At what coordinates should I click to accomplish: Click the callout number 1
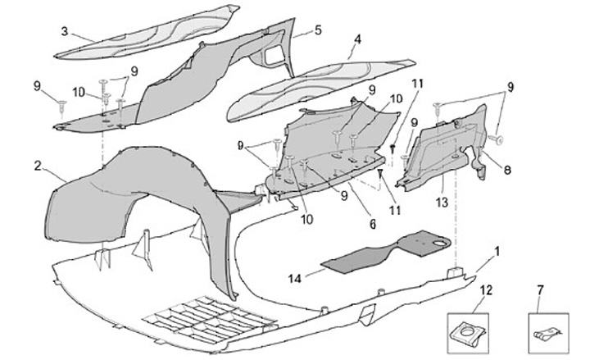[497, 248]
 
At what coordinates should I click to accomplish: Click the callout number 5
[318, 31]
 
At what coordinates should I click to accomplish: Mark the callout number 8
[507, 170]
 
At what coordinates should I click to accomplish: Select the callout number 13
[442, 201]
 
